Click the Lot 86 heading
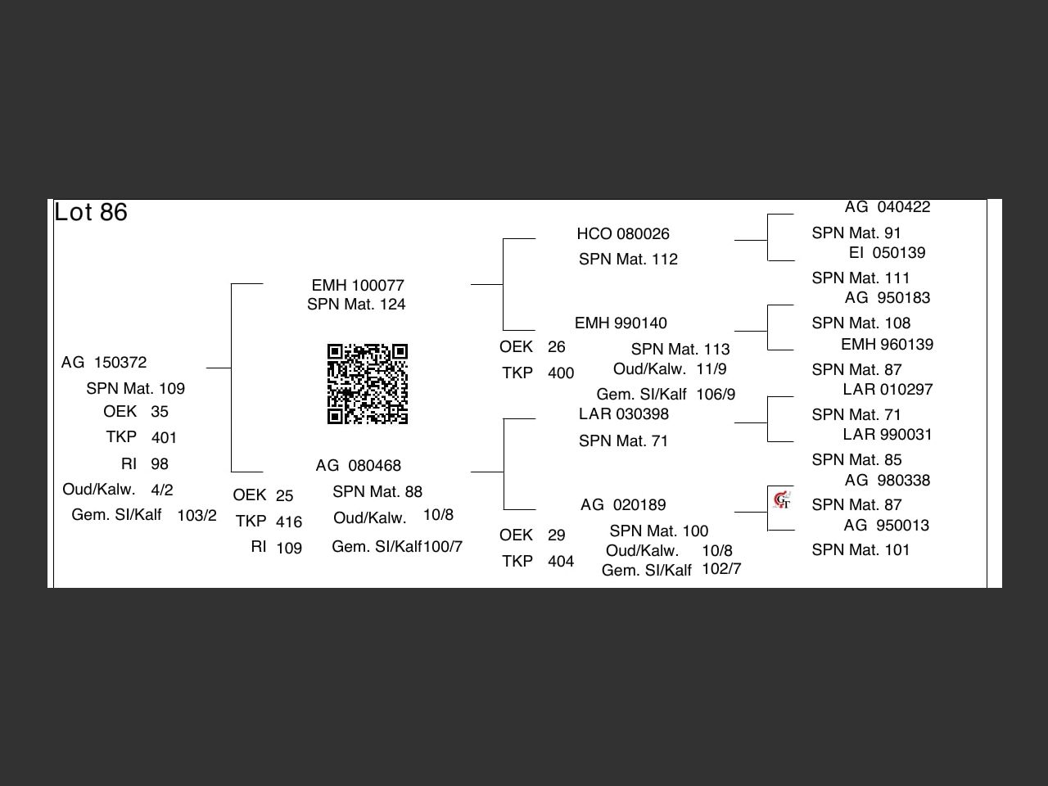[91, 213]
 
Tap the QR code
[368, 384]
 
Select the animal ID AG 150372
[104, 363]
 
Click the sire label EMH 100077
[358, 286]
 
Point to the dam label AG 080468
[359, 466]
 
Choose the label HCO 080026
[623, 234]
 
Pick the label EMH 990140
[621, 323]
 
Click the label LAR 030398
[624, 414]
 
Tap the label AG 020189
[623, 505]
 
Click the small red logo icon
[782, 499]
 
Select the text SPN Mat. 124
[356, 305]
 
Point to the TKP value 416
[289, 522]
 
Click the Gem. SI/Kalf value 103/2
[197, 516]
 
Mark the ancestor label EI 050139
[888, 253]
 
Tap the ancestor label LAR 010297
[888, 390]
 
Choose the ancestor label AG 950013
[888, 526]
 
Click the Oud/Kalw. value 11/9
[711, 369]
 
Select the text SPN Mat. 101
[861, 550]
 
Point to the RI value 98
[160, 464]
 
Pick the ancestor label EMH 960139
[888, 345]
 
